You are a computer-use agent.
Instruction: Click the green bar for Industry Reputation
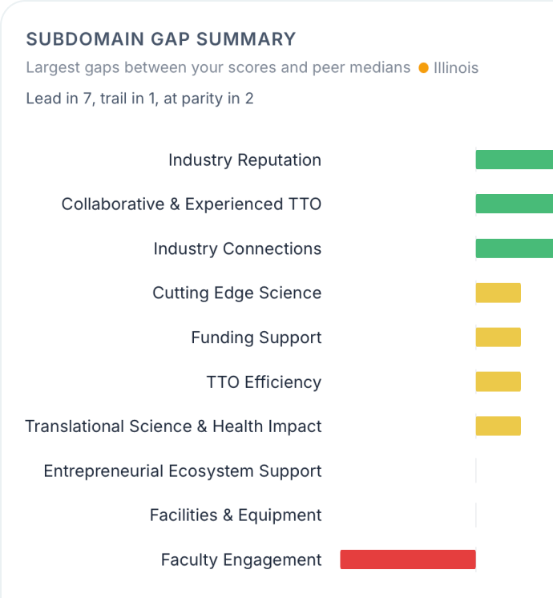(514, 160)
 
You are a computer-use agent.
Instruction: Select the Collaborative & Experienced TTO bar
(514, 204)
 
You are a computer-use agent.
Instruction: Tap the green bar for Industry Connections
(514, 248)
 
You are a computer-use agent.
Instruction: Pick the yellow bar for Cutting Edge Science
(498, 293)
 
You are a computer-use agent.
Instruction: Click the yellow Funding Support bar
(498, 337)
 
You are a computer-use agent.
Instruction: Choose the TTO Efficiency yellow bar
(498, 382)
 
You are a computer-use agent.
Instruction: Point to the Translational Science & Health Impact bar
(498, 426)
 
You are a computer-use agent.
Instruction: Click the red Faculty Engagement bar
(407, 560)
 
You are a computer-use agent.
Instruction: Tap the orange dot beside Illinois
(423, 68)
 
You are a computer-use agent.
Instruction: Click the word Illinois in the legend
(456, 68)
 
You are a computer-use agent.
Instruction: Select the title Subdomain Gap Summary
(160, 39)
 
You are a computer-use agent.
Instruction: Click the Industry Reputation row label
(244, 160)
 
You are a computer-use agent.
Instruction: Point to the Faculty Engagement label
(241, 560)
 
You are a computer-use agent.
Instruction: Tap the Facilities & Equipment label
(236, 515)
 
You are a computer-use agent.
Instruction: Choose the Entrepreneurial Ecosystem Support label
(183, 471)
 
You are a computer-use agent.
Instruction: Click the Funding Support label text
(256, 337)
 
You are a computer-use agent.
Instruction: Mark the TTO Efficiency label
(264, 382)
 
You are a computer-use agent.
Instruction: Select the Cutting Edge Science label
(236, 293)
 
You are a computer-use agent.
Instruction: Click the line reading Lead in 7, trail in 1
(140, 99)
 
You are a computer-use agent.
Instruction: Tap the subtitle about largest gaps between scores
(218, 68)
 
